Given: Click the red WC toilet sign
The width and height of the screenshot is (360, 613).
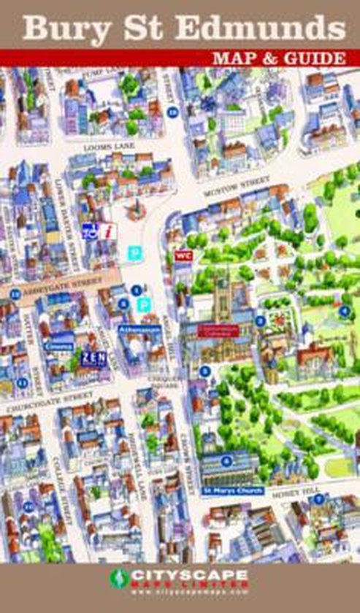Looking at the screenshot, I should pos(183,255).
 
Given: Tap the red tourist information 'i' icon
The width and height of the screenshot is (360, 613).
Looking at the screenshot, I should pos(109,231).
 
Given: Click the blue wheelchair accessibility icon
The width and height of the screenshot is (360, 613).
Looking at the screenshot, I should pos(93,231).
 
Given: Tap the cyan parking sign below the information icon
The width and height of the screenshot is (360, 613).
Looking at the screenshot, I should pos(133,252).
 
